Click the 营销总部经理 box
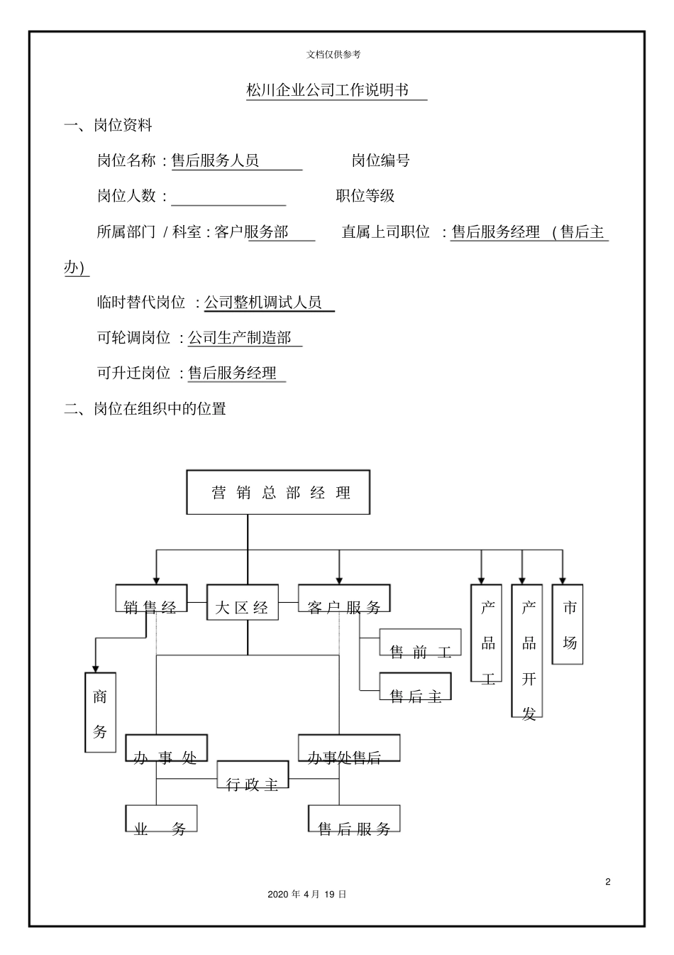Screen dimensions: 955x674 point(278,492)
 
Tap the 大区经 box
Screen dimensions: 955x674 point(242,603)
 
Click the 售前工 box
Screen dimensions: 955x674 point(420,643)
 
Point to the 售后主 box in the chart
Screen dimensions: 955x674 point(415,687)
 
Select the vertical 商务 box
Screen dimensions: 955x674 point(100,712)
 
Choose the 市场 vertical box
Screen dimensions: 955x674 point(568,625)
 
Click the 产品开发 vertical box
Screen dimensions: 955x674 point(528,651)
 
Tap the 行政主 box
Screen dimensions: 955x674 point(253,776)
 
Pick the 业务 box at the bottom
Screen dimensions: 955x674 point(161,819)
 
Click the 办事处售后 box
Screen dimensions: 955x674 point(349,748)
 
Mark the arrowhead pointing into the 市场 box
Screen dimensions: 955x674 point(563,579)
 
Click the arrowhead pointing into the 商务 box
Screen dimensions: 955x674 point(96,667)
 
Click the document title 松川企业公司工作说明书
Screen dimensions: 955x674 point(327,90)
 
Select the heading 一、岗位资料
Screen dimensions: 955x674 point(108,126)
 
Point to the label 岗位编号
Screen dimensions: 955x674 point(381,160)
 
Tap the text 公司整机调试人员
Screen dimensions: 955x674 point(263,302)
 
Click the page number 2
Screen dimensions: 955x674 point(608,882)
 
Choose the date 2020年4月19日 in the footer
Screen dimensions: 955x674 point(307,895)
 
